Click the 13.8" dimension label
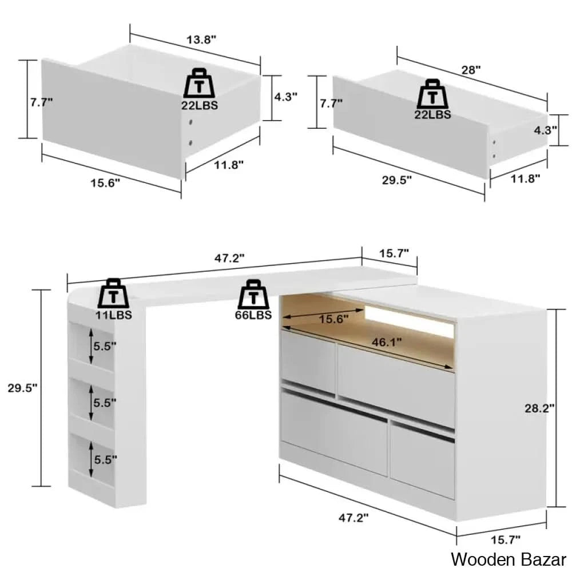(x=201, y=39)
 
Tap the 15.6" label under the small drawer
(x=105, y=183)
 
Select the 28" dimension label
(x=471, y=70)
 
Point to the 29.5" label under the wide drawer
(x=397, y=180)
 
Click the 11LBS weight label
(x=114, y=315)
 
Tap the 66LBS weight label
(x=253, y=315)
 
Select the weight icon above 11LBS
(x=113, y=293)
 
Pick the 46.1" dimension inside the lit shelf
(x=387, y=342)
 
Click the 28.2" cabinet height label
(x=539, y=408)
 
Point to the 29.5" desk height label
(x=23, y=388)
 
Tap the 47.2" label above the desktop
(x=229, y=259)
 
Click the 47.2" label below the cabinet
(x=353, y=517)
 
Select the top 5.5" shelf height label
(x=105, y=346)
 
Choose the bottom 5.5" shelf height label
(x=106, y=460)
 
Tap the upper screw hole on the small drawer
(x=190, y=122)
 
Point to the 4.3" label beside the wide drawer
(x=545, y=130)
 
